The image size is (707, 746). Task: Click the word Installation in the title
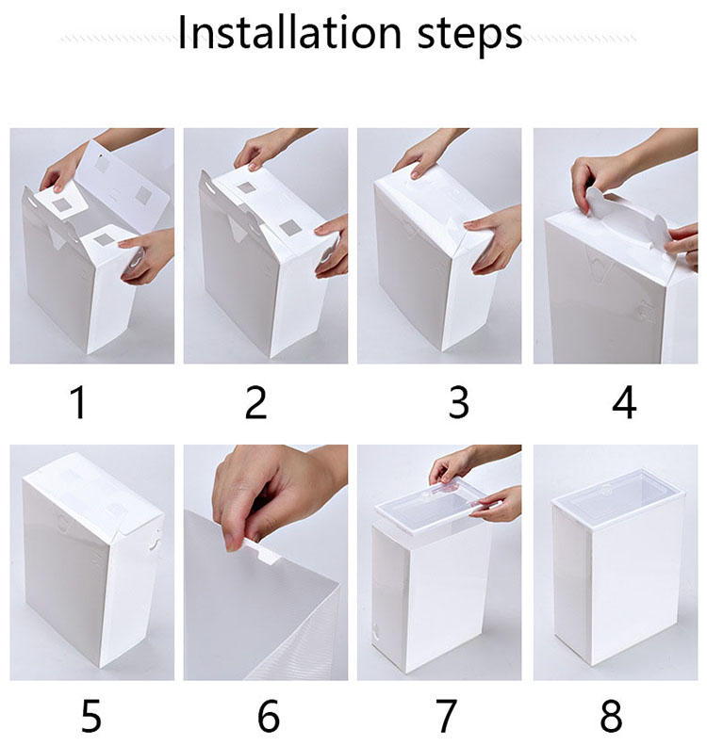(x=289, y=32)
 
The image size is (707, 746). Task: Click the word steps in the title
(x=469, y=35)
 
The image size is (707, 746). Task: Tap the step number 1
(x=79, y=402)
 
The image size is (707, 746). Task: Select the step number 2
(x=255, y=402)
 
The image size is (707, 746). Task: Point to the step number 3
(x=458, y=402)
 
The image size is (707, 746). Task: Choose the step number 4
(x=624, y=402)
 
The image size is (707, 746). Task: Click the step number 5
(x=90, y=716)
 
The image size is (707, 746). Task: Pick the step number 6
(x=269, y=716)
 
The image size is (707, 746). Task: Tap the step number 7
(x=446, y=716)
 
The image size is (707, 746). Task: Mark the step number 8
(x=611, y=716)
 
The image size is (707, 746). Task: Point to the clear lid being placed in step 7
(x=434, y=507)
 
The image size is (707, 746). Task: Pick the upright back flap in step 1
(x=124, y=186)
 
